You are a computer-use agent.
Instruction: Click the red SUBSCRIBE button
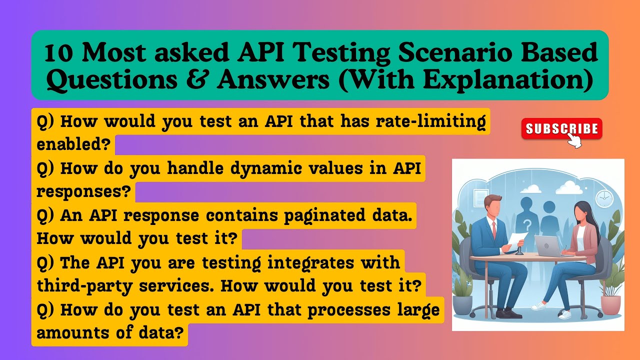click(561, 129)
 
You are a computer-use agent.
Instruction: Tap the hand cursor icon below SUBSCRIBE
click(575, 141)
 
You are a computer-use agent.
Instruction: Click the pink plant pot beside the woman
click(610, 304)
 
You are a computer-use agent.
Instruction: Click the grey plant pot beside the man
click(462, 304)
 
